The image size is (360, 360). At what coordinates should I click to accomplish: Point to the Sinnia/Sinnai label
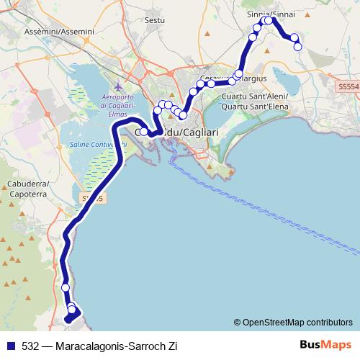271,14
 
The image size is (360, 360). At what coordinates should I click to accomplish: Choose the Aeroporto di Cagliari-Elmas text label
110,105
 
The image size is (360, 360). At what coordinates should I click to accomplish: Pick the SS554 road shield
347,86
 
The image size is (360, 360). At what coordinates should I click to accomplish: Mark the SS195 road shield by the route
90,197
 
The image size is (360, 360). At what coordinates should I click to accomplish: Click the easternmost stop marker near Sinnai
298,47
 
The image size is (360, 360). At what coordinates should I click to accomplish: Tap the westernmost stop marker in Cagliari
144,132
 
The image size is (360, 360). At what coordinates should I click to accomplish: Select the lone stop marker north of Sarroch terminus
66,287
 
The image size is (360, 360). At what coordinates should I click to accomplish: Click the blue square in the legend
11,346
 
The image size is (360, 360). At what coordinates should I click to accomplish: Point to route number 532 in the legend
30,346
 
